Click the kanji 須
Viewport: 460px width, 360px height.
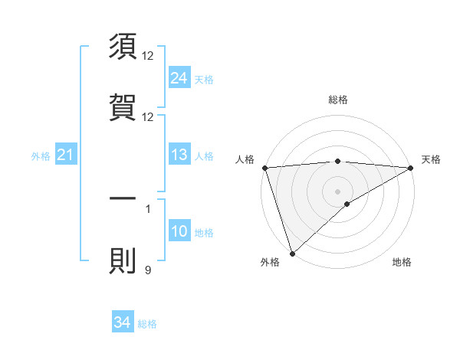[123, 47]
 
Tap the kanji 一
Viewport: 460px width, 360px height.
[123, 198]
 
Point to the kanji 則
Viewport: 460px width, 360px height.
[123, 261]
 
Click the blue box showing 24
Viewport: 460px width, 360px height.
[179, 77]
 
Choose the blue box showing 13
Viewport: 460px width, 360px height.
[179, 155]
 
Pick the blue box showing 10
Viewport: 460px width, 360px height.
[179, 232]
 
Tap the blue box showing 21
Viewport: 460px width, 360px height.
[65, 155]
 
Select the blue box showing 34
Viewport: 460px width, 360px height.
[122, 323]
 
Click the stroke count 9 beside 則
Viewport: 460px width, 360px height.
[148, 270]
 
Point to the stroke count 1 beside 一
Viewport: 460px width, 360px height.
[148, 208]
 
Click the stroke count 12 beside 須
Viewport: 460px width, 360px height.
[148, 56]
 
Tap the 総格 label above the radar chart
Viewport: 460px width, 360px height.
[338, 100]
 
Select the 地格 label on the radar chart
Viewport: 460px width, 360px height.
[402, 262]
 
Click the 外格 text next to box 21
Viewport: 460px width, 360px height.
[41, 156]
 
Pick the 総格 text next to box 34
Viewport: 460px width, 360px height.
[147, 324]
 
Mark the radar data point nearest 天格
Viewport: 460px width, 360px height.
[411, 167]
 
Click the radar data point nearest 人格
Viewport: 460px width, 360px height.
[264, 168]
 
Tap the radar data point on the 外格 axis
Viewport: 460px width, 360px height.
[292, 253]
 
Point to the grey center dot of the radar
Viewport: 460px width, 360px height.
[337, 191]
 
